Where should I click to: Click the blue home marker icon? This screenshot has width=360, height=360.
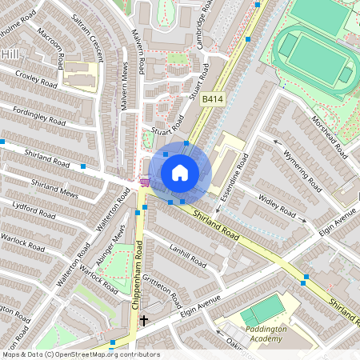point(180,172)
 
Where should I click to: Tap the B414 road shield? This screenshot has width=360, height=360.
point(211,99)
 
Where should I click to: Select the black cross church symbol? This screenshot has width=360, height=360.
point(144,320)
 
